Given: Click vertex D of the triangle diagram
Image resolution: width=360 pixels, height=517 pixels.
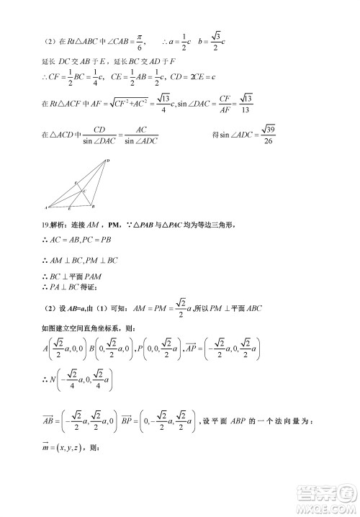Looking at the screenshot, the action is click(x=107, y=161).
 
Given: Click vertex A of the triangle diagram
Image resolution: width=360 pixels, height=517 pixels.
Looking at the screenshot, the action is click(x=47, y=207).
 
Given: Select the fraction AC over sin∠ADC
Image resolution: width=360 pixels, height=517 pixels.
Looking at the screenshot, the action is click(x=142, y=135).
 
